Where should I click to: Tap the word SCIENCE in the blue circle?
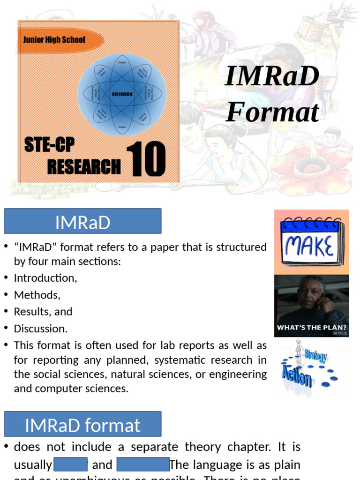coord(122,94)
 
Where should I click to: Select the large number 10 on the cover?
coord(146,160)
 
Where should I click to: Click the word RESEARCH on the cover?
coord(84,166)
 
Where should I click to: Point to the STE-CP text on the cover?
coord(49,146)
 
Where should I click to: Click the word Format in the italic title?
coord(272,112)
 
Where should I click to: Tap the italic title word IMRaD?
coord(272,77)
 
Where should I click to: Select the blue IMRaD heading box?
coord(82,221)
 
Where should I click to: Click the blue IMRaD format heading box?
coord(82,424)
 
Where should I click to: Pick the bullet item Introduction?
coord(45,278)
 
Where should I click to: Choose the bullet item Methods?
coord(37,295)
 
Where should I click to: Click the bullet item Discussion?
coord(41,329)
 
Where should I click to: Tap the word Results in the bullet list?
coord(29,312)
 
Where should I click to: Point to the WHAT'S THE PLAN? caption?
coord(312,328)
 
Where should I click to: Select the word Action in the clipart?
coord(297,375)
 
